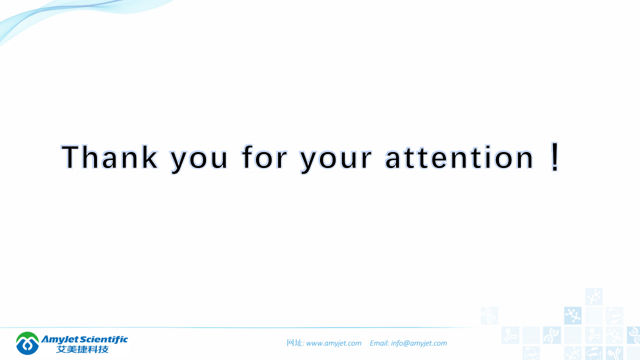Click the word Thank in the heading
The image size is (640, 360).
[109, 156]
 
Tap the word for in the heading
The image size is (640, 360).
[264, 156]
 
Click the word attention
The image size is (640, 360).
[459, 157]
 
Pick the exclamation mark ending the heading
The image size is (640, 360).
[554, 156]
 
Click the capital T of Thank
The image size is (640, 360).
[70, 156]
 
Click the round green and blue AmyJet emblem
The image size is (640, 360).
[27, 343]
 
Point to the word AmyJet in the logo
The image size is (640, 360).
[59, 340]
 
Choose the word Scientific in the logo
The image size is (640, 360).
[103, 339]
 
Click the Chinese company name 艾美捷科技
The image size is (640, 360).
[82, 349]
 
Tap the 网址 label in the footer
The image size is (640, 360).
[295, 343]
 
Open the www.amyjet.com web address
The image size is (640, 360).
[333, 343]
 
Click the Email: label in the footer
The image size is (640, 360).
[379, 343]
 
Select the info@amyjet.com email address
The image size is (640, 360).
[419, 343]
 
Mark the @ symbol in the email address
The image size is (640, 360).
[407, 343]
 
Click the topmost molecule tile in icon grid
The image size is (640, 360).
[593, 296]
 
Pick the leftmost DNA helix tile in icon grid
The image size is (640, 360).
[489, 315]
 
